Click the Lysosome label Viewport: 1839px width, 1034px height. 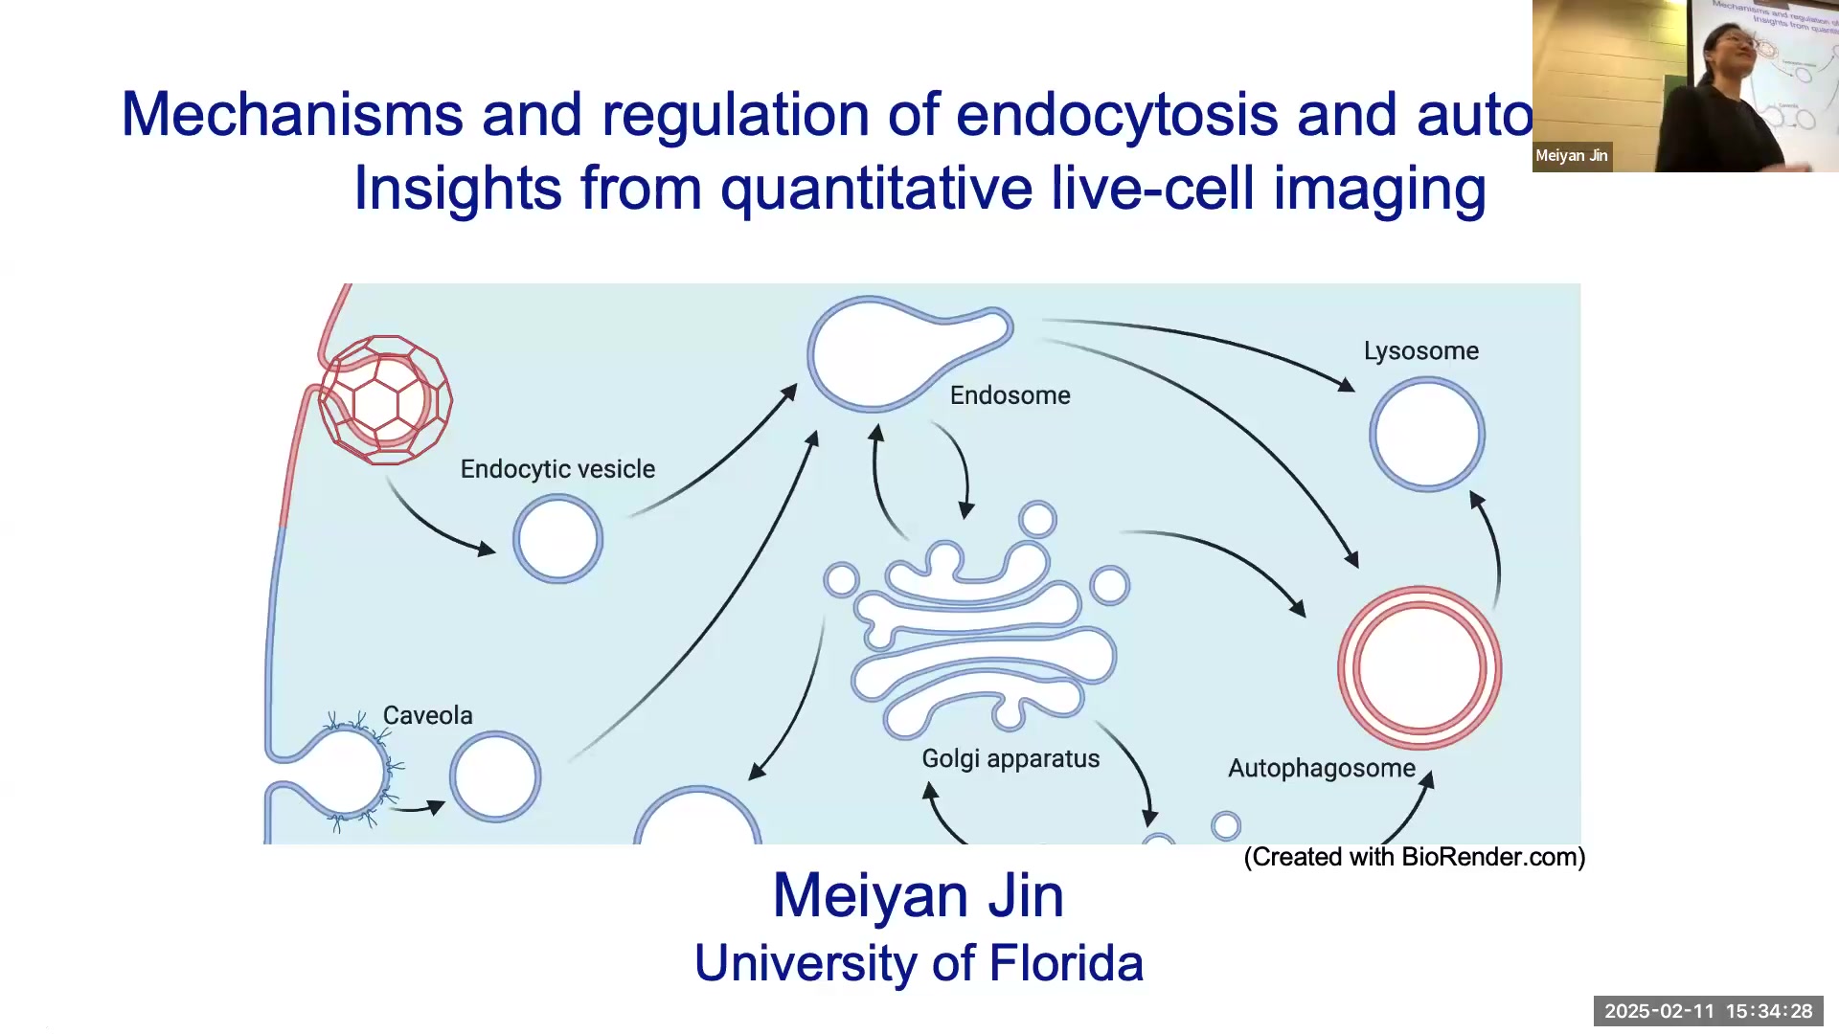(x=1420, y=351)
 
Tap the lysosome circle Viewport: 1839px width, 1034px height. (x=1426, y=435)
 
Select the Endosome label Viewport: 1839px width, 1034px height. (x=1010, y=395)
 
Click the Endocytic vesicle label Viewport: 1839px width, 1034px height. (x=557, y=469)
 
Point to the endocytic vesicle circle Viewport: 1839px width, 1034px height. (x=557, y=539)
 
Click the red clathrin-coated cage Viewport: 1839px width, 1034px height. (x=385, y=400)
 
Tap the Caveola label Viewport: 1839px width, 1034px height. (x=427, y=715)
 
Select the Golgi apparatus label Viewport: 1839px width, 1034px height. (x=1010, y=758)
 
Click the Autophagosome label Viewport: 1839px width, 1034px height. (x=1321, y=768)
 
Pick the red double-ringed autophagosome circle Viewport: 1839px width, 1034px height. (x=1419, y=667)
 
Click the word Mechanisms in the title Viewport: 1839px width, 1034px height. (x=291, y=115)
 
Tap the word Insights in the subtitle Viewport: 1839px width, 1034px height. (x=457, y=189)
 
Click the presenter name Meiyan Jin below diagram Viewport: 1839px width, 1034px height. (x=918, y=896)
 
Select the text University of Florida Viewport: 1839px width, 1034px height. (x=918, y=963)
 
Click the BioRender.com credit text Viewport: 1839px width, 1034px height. (x=1414, y=857)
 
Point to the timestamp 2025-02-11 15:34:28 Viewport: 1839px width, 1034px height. (x=1708, y=1011)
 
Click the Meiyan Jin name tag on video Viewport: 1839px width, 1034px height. (x=1571, y=156)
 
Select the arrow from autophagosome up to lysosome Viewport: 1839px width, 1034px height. (x=1493, y=551)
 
